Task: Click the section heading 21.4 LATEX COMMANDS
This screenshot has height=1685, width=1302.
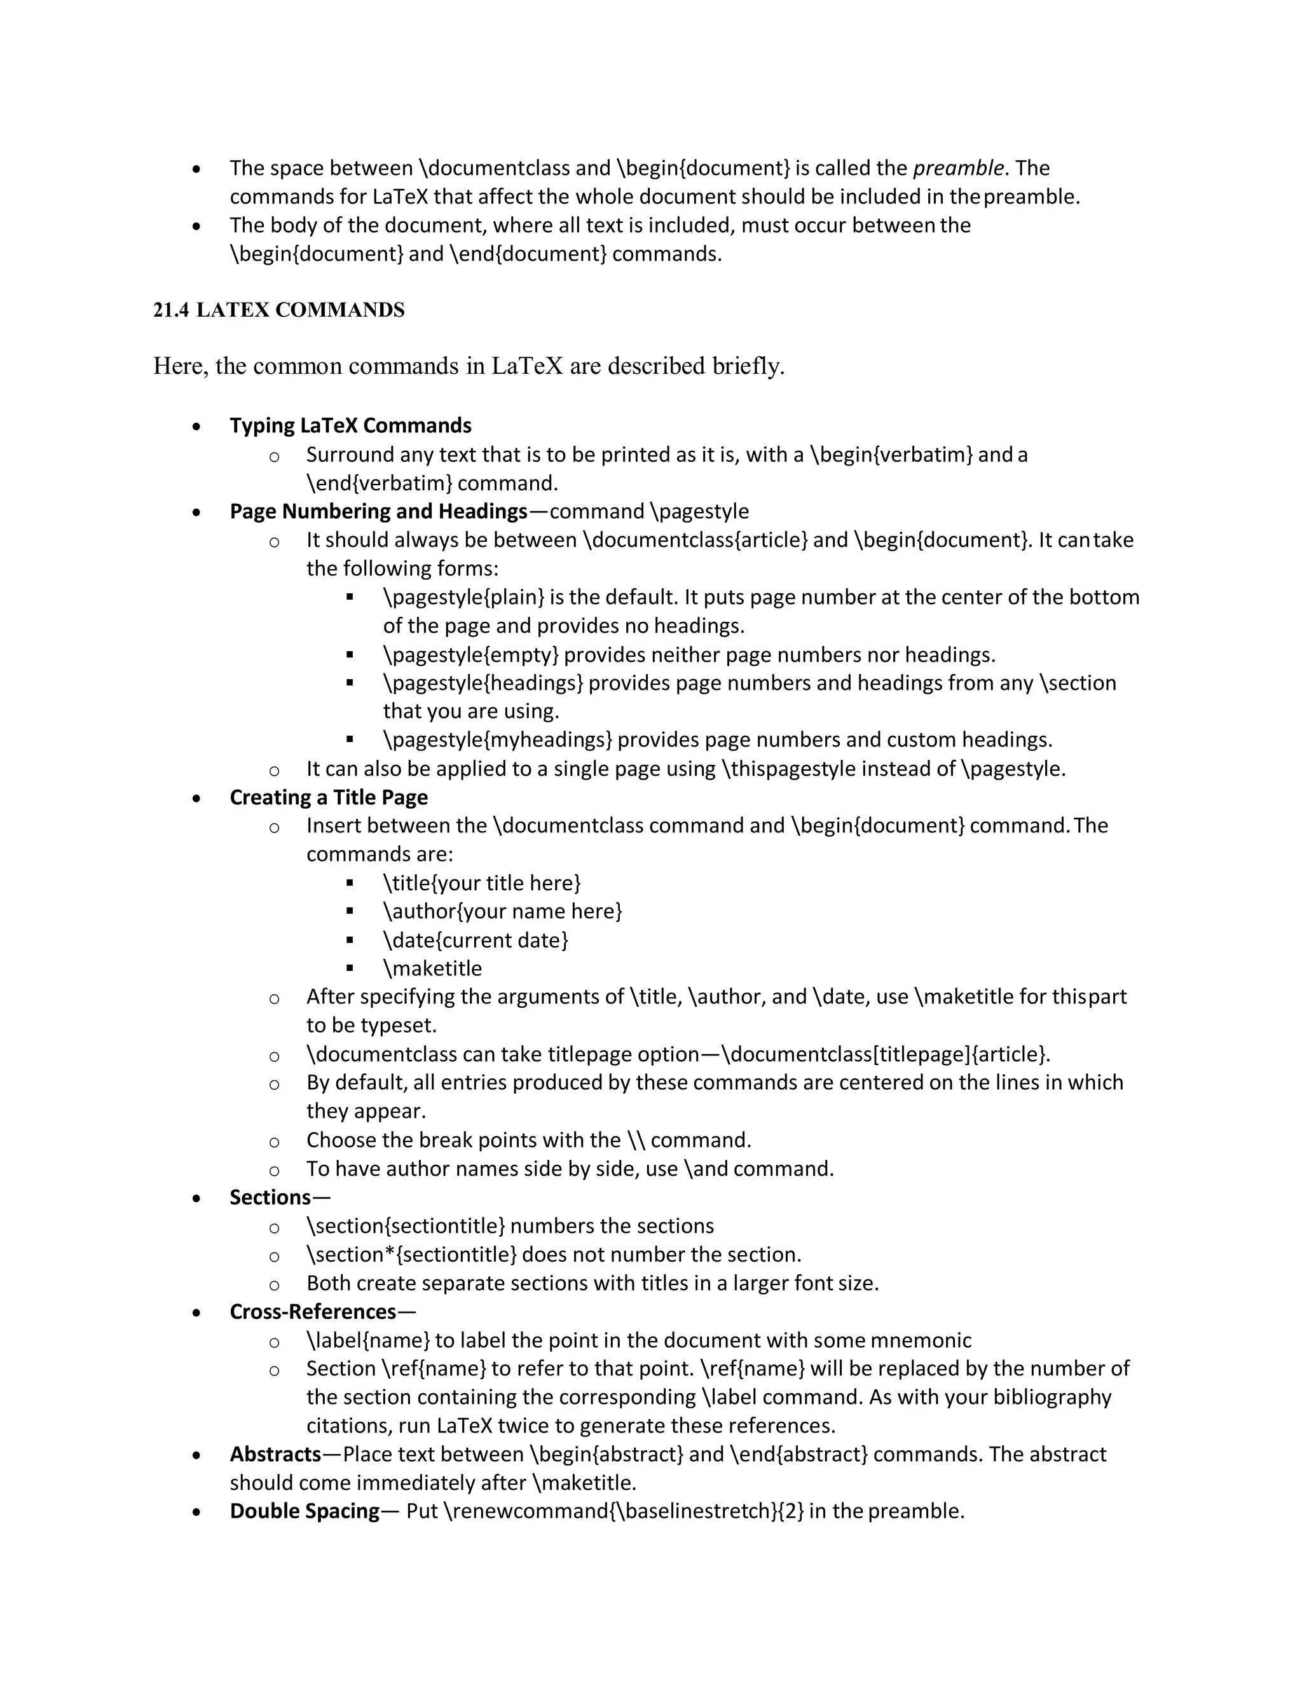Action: (x=278, y=310)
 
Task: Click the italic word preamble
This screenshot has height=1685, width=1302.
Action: (x=958, y=168)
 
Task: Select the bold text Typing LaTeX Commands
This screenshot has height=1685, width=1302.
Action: (x=350, y=426)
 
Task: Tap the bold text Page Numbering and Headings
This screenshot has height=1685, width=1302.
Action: (x=378, y=511)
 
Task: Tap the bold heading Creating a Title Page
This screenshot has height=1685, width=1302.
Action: (x=329, y=798)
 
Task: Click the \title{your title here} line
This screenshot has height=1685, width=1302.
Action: (x=481, y=883)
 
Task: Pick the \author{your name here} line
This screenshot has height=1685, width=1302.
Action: (x=502, y=912)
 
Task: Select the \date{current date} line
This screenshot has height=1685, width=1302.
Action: (x=475, y=940)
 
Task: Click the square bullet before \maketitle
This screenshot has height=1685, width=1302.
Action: (x=350, y=968)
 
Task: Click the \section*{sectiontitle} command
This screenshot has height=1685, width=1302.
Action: (x=411, y=1255)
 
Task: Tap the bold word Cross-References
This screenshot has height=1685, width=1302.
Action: (x=312, y=1312)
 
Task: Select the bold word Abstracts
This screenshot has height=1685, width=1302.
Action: (x=275, y=1454)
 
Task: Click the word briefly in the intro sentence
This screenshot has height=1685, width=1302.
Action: (x=746, y=366)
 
